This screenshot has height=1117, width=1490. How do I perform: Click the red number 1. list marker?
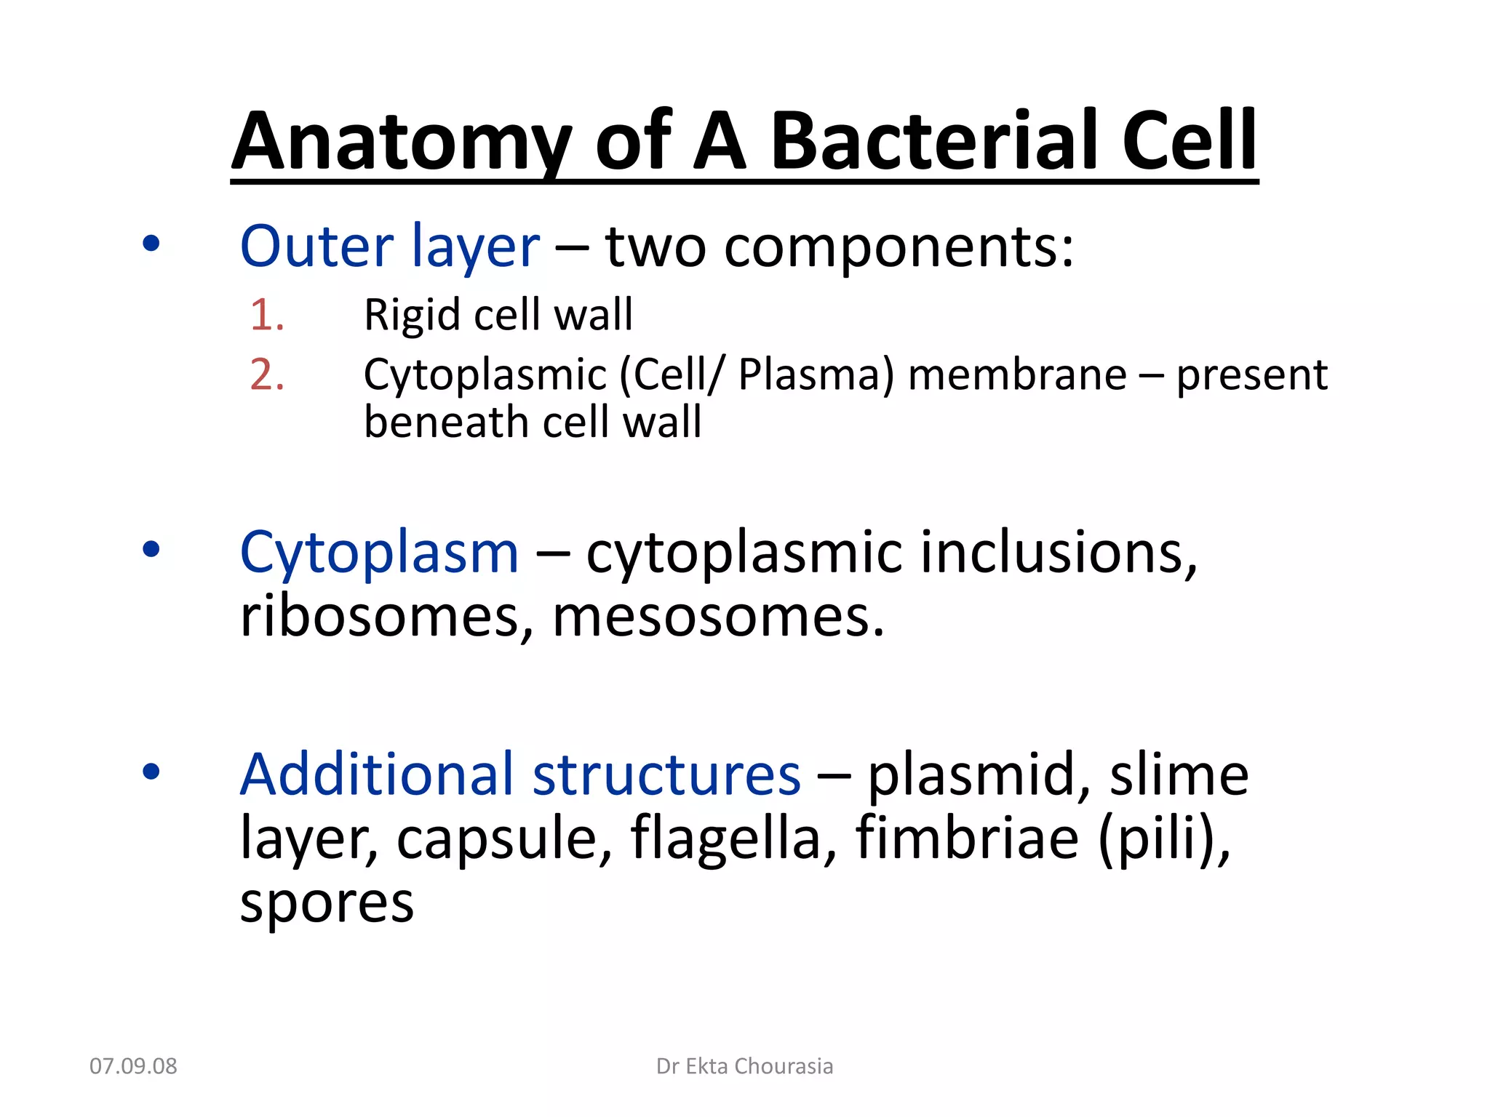(x=266, y=315)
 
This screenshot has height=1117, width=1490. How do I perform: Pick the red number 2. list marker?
(x=266, y=375)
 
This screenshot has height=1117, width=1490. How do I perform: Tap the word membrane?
(x=1017, y=375)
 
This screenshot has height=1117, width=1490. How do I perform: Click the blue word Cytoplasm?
(x=379, y=553)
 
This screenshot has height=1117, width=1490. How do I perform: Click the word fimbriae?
(x=967, y=838)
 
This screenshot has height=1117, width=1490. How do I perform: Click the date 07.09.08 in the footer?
(x=133, y=1066)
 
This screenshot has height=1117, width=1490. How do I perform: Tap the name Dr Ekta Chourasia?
(x=744, y=1066)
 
